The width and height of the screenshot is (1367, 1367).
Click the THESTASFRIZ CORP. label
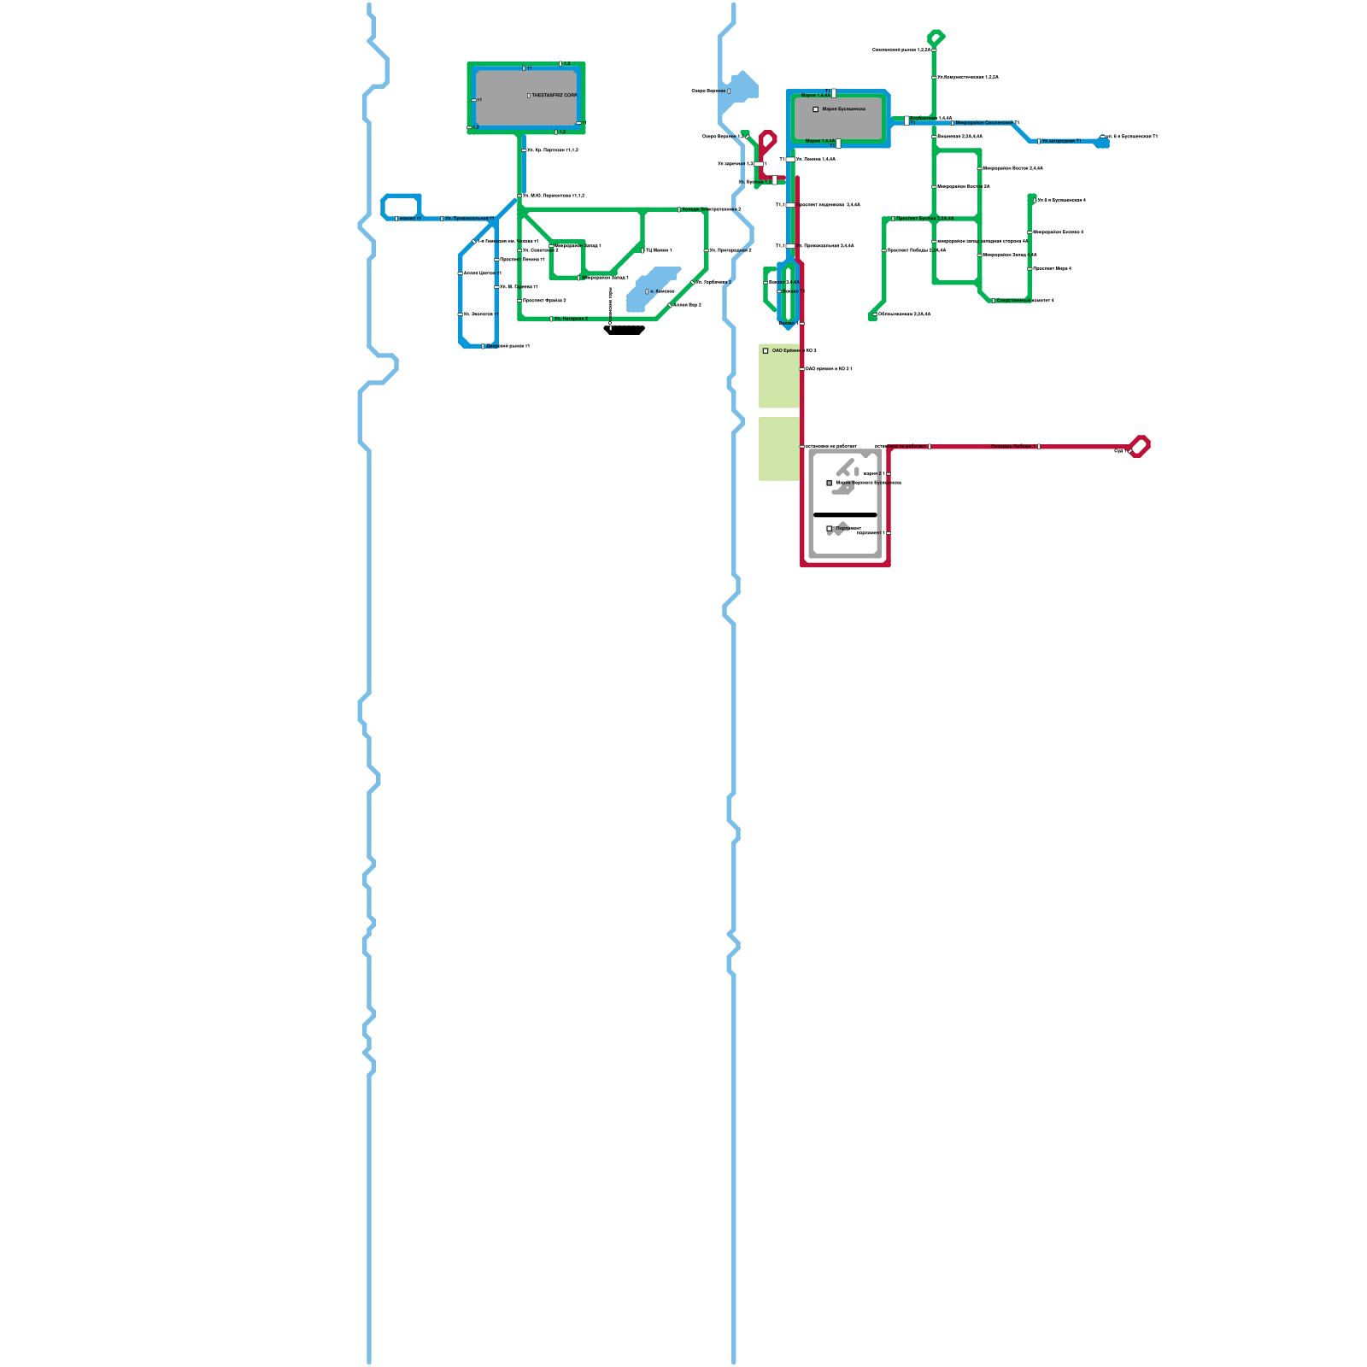point(554,96)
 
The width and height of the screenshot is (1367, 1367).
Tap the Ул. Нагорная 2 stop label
point(571,319)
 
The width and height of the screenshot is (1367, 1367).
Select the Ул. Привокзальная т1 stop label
point(469,219)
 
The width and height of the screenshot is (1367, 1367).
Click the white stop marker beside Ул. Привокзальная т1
point(442,219)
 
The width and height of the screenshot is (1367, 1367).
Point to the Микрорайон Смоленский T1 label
point(987,123)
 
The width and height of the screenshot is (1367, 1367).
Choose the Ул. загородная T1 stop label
point(1061,141)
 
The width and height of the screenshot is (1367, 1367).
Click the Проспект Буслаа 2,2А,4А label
point(924,219)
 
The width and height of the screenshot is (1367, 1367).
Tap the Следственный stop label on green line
point(1024,300)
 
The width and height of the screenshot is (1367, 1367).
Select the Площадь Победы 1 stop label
point(1013,446)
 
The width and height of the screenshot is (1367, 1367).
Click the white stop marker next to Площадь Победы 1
point(1038,446)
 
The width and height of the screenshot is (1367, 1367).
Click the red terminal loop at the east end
point(1139,446)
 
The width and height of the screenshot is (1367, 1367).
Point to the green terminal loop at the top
point(936,38)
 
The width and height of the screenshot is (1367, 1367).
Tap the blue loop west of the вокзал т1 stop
point(401,206)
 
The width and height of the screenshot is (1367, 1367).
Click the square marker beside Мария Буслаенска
point(816,109)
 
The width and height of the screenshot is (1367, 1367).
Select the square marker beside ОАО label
point(766,351)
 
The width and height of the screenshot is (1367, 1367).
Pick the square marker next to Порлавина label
point(829,529)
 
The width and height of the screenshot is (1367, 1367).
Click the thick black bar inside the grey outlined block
point(845,515)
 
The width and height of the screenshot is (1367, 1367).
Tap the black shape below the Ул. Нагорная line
point(624,330)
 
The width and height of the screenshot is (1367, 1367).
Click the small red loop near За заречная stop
point(767,140)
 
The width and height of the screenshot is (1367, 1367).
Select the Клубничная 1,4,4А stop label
point(931,118)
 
